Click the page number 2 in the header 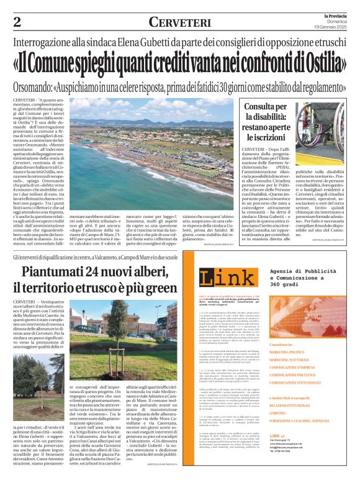pyautogui.click(x=17, y=22)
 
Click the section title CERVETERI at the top pyautogui.click(x=179, y=22)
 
